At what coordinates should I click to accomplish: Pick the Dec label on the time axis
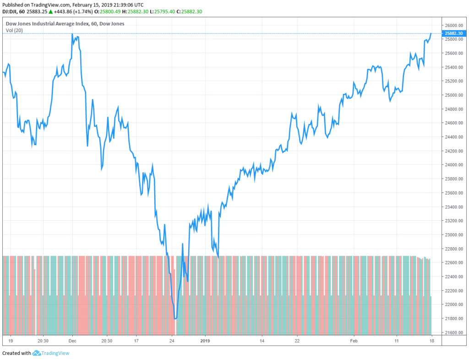pyautogui.click(x=72, y=341)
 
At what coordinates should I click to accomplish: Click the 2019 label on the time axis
pyautogui.click(x=205, y=341)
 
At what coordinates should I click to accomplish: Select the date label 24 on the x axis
pyautogui.click(x=172, y=341)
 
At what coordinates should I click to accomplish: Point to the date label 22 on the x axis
pyautogui.click(x=297, y=341)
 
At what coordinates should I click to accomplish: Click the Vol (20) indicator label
pyautogui.click(x=14, y=30)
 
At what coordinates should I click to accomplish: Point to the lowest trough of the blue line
pyautogui.click(x=175, y=318)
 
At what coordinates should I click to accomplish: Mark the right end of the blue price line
pyautogui.click(x=431, y=33)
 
